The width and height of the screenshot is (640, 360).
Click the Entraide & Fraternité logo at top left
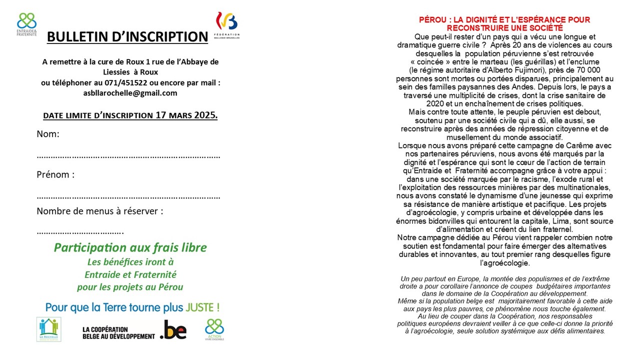26,24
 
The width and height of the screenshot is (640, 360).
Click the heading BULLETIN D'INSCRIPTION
127,36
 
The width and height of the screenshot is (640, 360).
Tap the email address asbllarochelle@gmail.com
130,93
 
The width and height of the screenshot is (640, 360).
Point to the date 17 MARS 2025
186,115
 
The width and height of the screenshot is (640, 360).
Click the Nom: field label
48,134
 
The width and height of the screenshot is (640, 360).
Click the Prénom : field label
55,175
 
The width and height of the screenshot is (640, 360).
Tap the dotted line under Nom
128,156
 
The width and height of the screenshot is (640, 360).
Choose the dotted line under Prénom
128,196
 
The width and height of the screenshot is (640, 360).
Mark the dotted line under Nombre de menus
80,232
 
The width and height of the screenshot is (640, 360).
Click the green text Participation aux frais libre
130,247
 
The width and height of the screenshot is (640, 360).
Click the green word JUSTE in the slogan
203,307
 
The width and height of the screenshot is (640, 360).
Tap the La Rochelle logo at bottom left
48,329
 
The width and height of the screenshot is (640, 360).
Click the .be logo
173,330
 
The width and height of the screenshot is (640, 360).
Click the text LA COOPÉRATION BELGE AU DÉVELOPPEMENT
118,332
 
